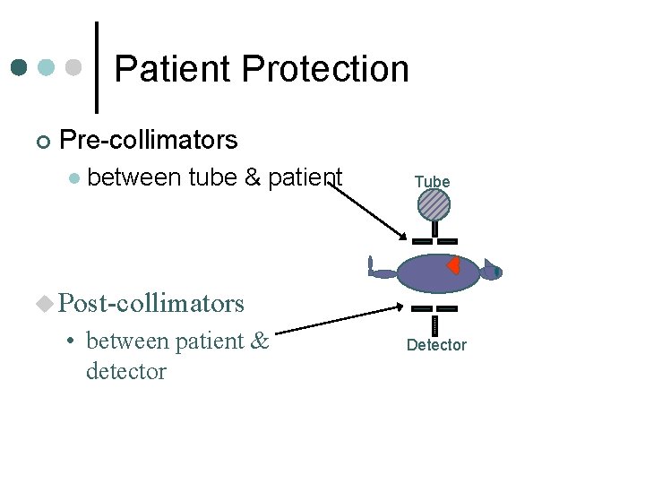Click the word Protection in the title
pyautogui.click(x=324, y=69)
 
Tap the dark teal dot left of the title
pyautogui.click(x=20, y=68)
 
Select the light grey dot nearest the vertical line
pyautogui.click(x=75, y=68)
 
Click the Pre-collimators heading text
pyautogui.click(x=148, y=140)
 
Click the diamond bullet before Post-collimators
pyautogui.click(x=45, y=305)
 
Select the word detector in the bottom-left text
pyautogui.click(x=125, y=370)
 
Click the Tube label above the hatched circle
pyautogui.click(x=432, y=182)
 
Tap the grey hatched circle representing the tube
pyautogui.click(x=434, y=205)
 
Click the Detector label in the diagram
pyautogui.click(x=436, y=345)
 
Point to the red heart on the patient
pyautogui.click(x=454, y=265)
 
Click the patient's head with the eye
pyautogui.click(x=492, y=271)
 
